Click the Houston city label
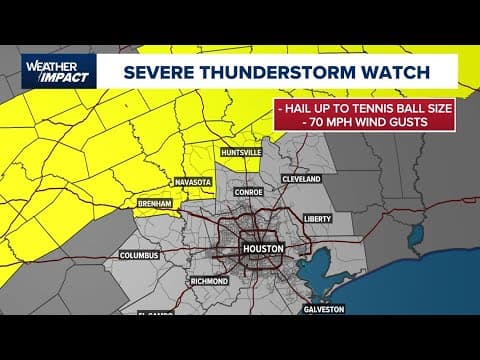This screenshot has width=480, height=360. pyautogui.click(x=263, y=248)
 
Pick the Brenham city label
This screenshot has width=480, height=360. pyautogui.click(x=155, y=203)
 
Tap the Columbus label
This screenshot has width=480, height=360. pyautogui.click(x=140, y=255)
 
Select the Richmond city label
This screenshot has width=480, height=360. pyautogui.click(x=209, y=281)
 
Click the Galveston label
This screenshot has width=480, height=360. pyautogui.click(x=324, y=309)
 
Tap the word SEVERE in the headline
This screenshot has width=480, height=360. pyautogui.click(x=159, y=72)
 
